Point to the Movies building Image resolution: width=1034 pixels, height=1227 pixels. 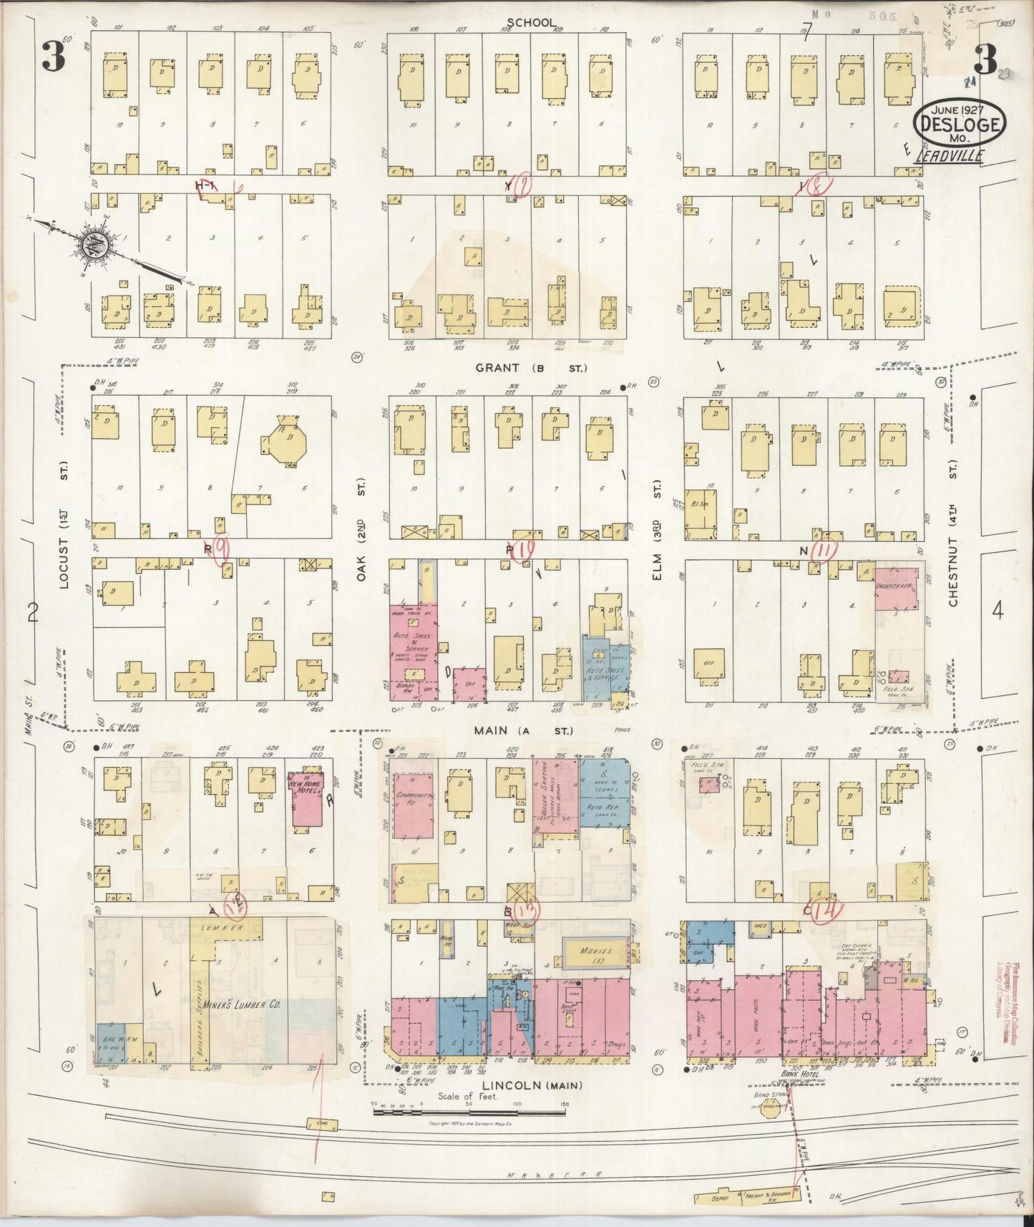597,951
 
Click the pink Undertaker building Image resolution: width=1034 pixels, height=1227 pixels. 897,588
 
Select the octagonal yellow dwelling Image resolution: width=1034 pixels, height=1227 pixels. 290,442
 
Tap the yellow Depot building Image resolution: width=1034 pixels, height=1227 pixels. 718,1198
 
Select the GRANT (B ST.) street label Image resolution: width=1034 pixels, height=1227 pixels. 530,368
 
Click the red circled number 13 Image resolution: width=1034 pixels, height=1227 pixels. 530,909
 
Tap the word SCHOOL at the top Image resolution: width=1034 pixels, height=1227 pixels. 530,23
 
